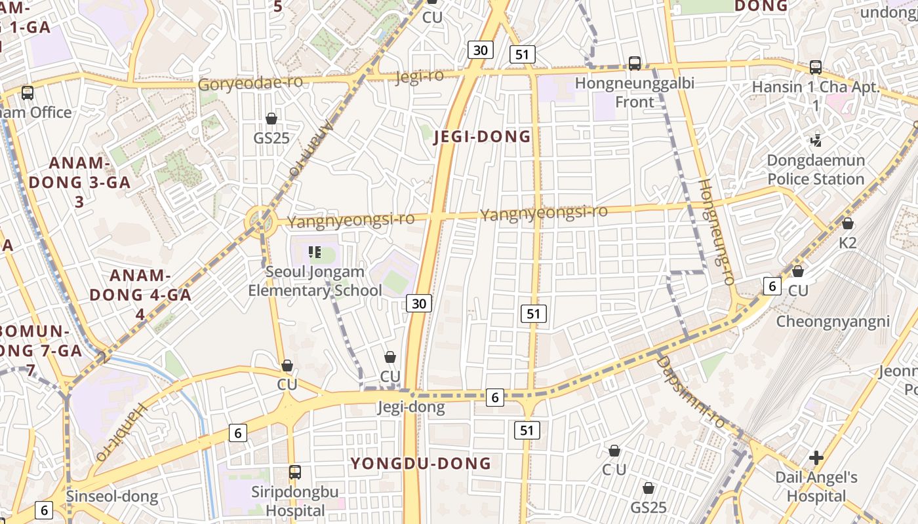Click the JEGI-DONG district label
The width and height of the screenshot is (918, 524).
pos(482,137)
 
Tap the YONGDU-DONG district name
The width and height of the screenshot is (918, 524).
pos(420,464)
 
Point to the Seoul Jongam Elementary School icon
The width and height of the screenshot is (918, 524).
pos(314,252)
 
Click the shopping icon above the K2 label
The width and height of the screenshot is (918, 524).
pos(847,224)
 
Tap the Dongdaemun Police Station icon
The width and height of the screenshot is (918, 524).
pos(816,140)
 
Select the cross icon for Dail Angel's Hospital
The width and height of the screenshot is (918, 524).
pos(816,457)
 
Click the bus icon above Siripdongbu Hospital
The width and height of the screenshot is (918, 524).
pos(295,472)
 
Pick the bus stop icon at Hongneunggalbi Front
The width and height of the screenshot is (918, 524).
pos(634,64)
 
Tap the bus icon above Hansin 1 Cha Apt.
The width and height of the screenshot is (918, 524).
pos(816,67)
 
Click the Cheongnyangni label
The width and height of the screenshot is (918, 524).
pos(833,322)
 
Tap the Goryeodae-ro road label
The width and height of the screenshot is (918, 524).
pos(250,83)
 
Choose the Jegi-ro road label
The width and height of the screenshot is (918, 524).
pos(420,77)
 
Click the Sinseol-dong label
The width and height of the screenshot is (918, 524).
pos(112,496)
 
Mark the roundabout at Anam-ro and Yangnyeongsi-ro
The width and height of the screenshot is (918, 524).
pos(260,220)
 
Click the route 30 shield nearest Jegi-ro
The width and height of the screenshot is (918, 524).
pos(481,50)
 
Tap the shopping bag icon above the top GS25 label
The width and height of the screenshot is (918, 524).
pos(271,119)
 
